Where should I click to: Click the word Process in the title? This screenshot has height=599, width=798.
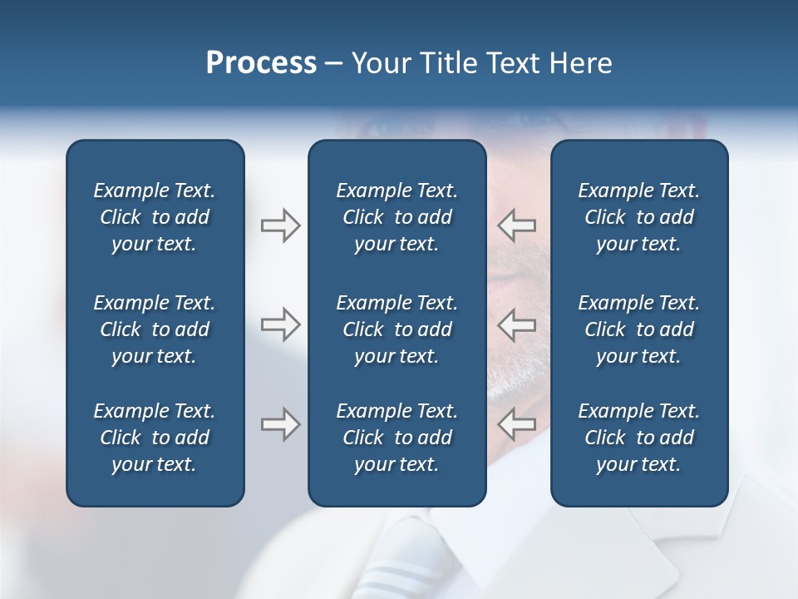261,63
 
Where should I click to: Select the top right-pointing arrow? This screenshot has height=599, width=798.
281,225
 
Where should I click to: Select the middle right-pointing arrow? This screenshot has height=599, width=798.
281,324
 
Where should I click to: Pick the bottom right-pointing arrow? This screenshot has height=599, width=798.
281,424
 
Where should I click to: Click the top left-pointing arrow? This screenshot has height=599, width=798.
516,225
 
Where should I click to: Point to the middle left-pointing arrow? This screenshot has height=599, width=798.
516,324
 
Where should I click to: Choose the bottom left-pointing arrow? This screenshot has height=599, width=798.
516,424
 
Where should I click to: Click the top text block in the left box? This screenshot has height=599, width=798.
155,217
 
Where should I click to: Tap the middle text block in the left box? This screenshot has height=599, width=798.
155,329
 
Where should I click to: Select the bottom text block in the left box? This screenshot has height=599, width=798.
155,438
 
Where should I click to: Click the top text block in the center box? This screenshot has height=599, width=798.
397,217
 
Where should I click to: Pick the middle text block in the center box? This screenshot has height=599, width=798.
397,329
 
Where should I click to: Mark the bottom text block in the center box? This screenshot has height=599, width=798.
397,438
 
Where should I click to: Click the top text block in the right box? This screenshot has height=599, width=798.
638,217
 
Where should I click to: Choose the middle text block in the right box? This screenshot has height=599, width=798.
638,329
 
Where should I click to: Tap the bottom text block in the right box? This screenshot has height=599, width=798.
638,438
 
